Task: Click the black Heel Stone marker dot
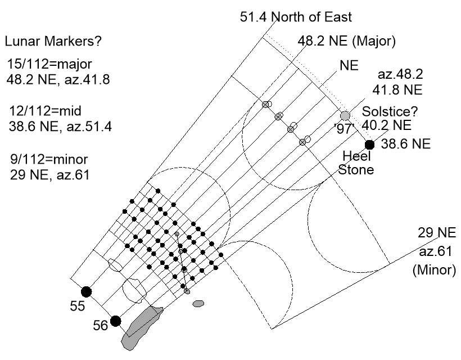click(x=369, y=145)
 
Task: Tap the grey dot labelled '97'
click(x=345, y=115)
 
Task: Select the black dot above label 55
click(x=86, y=291)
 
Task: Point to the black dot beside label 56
click(x=115, y=321)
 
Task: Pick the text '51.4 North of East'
click(x=296, y=17)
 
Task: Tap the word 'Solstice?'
click(x=388, y=111)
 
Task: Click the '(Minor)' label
click(x=433, y=270)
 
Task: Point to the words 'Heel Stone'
click(x=356, y=163)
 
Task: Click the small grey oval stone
click(x=198, y=304)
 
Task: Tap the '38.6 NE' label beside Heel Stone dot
click(x=406, y=144)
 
